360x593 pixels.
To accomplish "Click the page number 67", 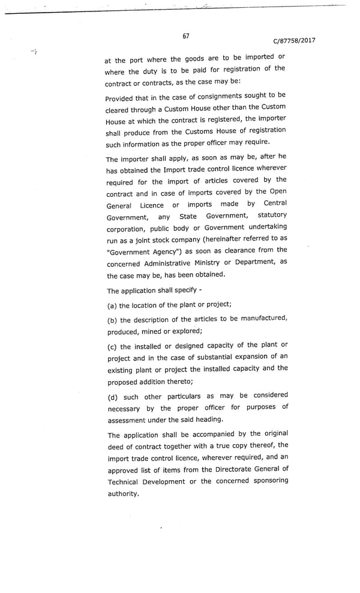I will click(x=186, y=36).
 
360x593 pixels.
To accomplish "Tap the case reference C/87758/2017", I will click(x=294, y=41).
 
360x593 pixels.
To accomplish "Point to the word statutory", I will click(x=272, y=215).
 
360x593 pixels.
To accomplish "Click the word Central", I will click(x=275, y=203).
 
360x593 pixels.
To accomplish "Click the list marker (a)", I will click(x=112, y=306).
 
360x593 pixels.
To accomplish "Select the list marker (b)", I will click(x=112, y=320).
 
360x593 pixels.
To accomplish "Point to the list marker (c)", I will click(x=112, y=346).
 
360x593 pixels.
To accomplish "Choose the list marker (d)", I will click(x=112, y=397).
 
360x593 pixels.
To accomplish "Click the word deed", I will click(x=116, y=446).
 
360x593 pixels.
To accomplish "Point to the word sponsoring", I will click(x=269, y=481).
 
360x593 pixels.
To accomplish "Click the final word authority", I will click(x=123, y=494).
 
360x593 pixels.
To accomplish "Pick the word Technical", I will click(x=123, y=482).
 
